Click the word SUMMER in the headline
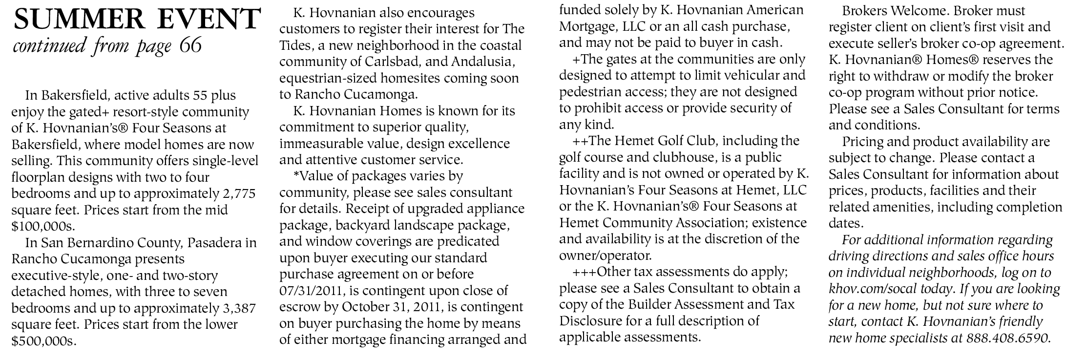tap(73, 19)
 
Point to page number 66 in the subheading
tap(190, 45)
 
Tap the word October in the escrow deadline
tap(368, 308)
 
